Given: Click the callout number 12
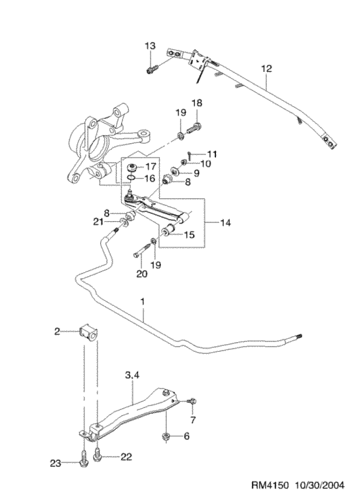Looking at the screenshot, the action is [x=266, y=69].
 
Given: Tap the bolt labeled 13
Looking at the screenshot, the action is [x=153, y=69].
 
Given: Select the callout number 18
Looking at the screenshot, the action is [x=197, y=103].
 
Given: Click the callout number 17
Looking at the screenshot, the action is [x=151, y=167].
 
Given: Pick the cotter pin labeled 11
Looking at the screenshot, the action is [x=190, y=155].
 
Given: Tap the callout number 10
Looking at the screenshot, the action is [x=206, y=164].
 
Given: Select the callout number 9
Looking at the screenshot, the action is [x=196, y=173].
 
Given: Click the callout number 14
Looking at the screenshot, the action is [x=225, y=222].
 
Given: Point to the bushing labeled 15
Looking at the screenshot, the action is [x=168, y=230].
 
